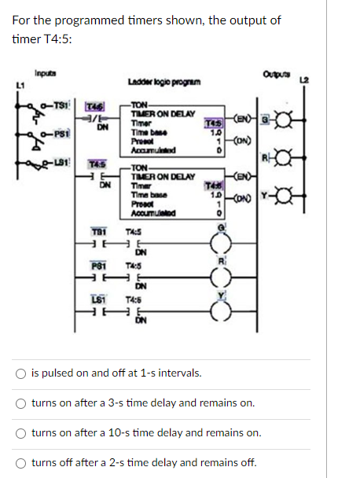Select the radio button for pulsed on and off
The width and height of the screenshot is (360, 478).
coord(20,373)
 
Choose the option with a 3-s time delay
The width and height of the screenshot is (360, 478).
coord(20,403)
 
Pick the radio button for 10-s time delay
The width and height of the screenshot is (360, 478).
coord(20,432)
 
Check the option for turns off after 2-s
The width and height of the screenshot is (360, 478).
coord(20,462)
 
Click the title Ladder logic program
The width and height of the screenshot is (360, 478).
coord(159,83)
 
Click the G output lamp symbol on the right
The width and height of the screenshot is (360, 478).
coord(319,119)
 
